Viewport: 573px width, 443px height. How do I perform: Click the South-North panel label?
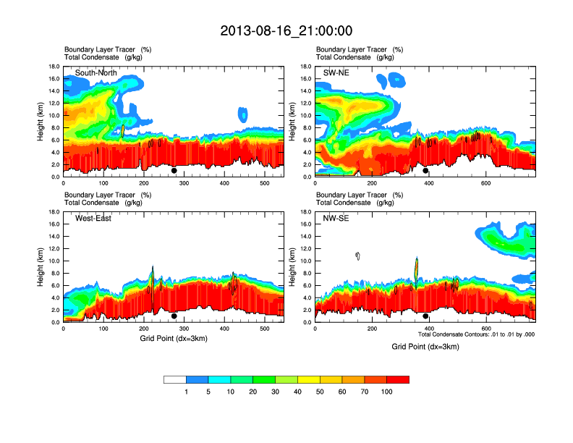click(96, 73)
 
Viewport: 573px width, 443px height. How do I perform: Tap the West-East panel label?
click(93, 219)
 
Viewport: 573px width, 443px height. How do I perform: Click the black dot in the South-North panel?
click(174, 171)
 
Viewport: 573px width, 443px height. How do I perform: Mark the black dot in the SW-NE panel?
click(425, 171)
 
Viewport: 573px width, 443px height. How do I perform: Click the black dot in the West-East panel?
click(174, 316)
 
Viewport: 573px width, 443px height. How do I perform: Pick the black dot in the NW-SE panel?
click(425, 316)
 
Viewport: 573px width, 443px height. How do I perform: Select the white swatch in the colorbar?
click(175, 379)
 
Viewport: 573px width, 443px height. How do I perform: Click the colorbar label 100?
click(387, 392)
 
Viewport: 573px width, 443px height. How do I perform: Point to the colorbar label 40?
click(298, 392)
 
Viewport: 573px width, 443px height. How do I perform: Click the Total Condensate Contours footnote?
click(476, 334)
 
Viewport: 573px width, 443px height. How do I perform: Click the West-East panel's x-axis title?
click(174, 338)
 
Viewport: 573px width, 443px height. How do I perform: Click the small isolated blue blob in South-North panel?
click(242, 114)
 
